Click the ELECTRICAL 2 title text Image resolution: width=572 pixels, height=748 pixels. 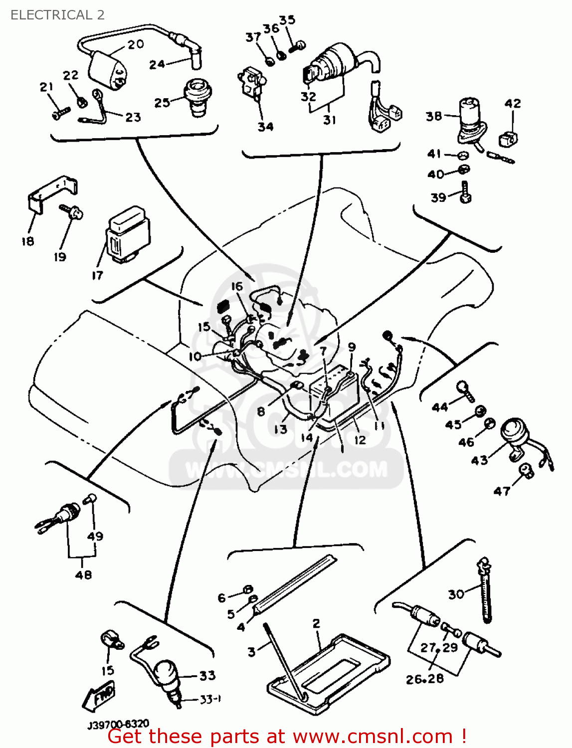click(x=57, y=15)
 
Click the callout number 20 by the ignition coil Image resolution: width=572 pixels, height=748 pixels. click(x=135, y=44)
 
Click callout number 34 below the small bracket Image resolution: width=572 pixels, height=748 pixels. click(x=265, y=127)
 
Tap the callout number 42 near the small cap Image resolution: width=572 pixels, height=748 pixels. click(x=513, y=103)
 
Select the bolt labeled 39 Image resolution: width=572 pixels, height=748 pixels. click(x=465, y=192)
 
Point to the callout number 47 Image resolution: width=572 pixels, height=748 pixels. click(x=502, y=491)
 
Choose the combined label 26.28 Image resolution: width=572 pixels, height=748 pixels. click(x=424, y=679)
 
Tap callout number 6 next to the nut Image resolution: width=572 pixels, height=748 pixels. click(x=222, y=597)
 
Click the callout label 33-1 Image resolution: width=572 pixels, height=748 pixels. click(x=210, y=700)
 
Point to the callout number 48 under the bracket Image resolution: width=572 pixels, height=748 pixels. click(x=83, y=574)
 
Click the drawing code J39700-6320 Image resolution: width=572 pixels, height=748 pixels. click(x=118, y=725)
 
